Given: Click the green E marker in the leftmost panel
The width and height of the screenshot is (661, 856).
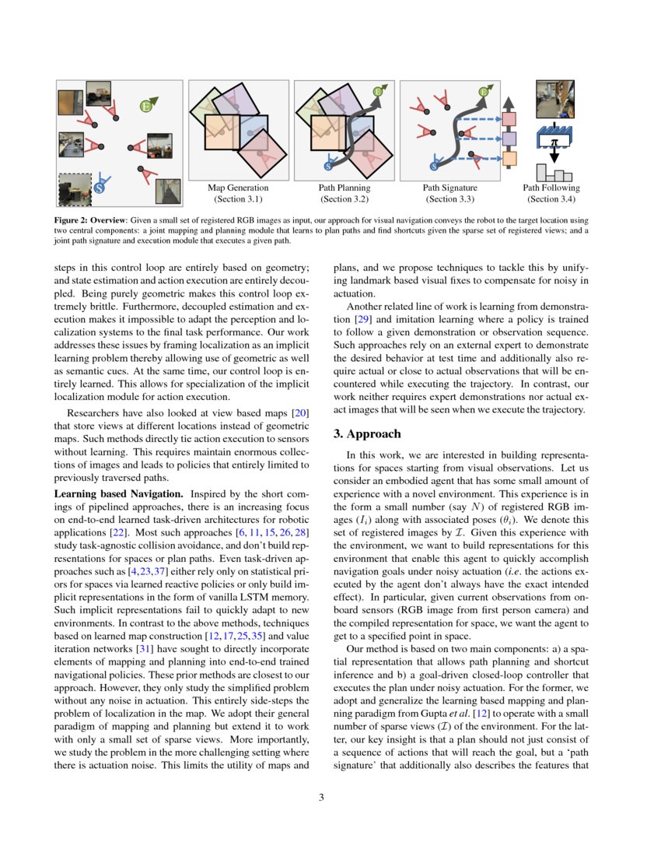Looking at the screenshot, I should click(x=145, y=105).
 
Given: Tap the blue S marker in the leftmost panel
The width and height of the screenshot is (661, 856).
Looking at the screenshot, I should click(x=100, y=187).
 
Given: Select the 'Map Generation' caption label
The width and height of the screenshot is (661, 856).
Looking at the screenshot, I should click(x=238, y=188).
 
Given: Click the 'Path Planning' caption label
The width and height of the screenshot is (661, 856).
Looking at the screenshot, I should click(x=344, y=188).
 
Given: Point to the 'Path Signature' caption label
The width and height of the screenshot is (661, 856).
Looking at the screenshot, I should click(x=449, y=188).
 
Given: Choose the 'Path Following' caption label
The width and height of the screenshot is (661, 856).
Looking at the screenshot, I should click(x=551, y=188).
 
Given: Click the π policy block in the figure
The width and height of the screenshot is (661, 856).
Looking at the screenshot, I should click(x=554, y=141).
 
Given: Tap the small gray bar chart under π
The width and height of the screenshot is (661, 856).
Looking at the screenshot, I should click(x=554, y=171).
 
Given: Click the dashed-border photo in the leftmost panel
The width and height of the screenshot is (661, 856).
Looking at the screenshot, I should click(x=75, y=188).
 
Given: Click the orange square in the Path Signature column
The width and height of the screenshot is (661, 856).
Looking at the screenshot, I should click(x=510, y=159).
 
